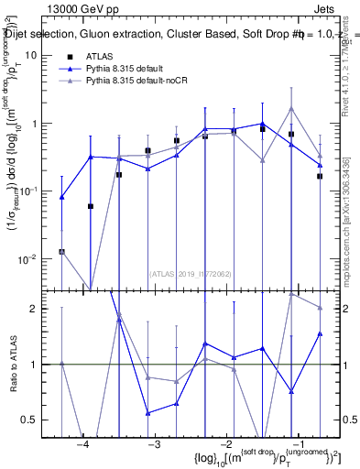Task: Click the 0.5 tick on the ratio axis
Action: [34, 420]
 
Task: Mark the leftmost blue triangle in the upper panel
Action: [62, 197]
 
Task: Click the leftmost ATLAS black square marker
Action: [61, 251]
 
